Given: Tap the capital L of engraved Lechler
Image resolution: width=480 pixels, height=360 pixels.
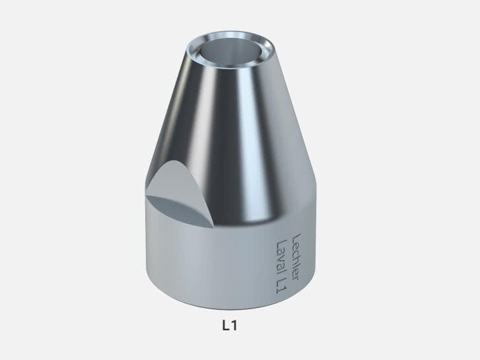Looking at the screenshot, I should coord(297,236).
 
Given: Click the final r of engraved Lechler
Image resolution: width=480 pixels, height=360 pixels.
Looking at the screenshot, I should coord(294,271).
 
